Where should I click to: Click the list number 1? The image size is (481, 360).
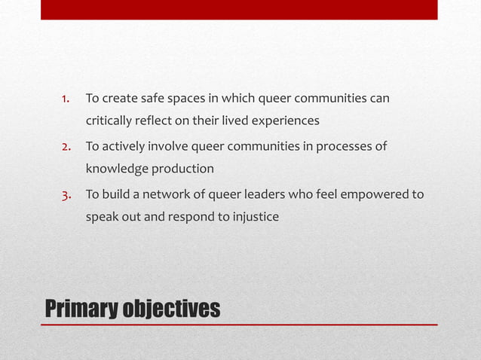(66, 99)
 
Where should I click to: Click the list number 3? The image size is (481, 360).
(66, 195)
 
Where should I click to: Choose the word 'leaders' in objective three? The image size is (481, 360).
(251, 195)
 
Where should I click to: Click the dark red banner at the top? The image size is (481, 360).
(239, 9)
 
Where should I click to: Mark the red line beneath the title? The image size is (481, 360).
(239, 325)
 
